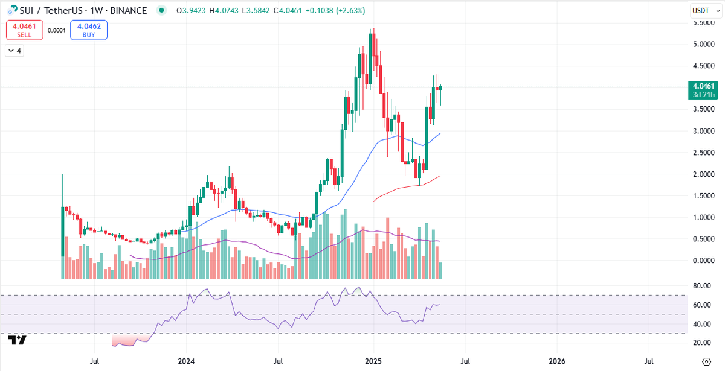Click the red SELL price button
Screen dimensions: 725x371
point(25,30)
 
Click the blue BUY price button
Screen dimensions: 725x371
point(89,30)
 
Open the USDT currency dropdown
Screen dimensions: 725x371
point(706,11)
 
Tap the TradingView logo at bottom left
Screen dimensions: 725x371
point(17,340)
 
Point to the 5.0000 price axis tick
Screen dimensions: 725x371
point(704,44)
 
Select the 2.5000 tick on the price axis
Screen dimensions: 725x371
point(704,153)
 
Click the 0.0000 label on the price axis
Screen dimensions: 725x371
point(704,261)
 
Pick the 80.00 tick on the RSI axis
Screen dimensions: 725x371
point(702,286)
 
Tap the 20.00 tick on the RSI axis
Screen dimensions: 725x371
point(702,343)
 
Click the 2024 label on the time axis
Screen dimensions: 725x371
point(186,361)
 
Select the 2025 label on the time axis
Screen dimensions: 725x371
point(373,361)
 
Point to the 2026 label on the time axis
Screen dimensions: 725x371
point(557,361)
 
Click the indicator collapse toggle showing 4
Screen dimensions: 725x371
point(14,51)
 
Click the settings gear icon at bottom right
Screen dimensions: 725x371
point(706,361)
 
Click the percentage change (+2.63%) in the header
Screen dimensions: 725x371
point(350,11)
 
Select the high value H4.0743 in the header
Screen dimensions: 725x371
point(224,11)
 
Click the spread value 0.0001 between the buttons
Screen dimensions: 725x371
point(57,30)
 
